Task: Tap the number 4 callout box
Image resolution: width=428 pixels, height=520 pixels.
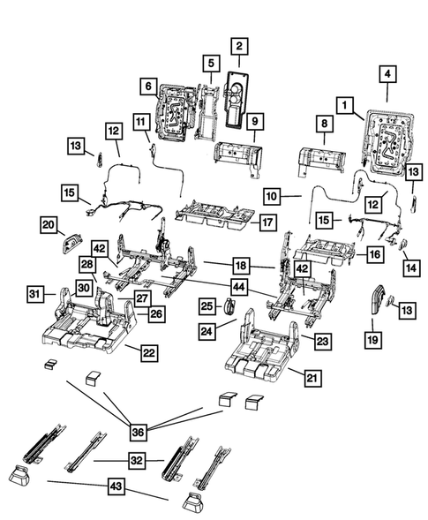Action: coord(387,74)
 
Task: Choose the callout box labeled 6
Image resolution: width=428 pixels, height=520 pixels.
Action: coord(149,86)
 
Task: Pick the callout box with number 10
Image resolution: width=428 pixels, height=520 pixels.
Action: coord(272,192)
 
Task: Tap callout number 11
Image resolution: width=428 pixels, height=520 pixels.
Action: coord(140,121)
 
